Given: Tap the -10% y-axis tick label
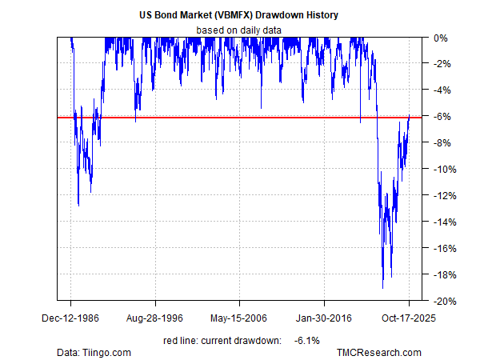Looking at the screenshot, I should [x=441, y=170].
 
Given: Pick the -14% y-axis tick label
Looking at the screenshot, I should [x=441, y=222].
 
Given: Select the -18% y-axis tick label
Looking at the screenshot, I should [x=441, y=275].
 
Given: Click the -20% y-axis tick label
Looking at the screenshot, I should [x=441, y=302].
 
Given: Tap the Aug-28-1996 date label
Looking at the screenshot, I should [x=155, y=316].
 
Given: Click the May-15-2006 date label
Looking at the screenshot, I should [x=240, y=316].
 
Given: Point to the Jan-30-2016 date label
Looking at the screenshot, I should [x=325, y=316].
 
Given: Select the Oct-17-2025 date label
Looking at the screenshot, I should [x=409, y=316].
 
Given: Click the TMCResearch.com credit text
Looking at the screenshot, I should [x=378, y=352].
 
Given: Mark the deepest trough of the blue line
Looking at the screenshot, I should [x=383, y=287].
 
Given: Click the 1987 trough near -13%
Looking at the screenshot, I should [x=78, y=205].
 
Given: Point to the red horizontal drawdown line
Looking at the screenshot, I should [x=240, y=118].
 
